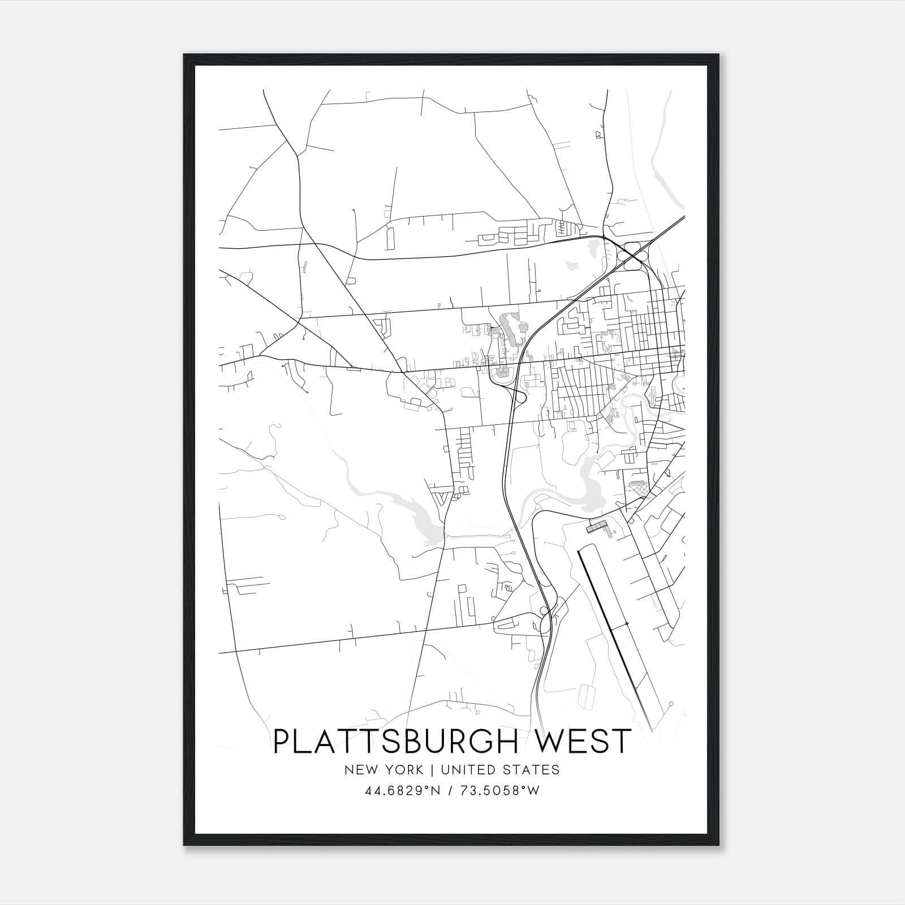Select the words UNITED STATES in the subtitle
(x=500, y=770)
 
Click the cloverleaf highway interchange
(x=633, y=256)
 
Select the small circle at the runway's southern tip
(x=671, y=704)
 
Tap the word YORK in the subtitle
(x=406, y=770)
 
